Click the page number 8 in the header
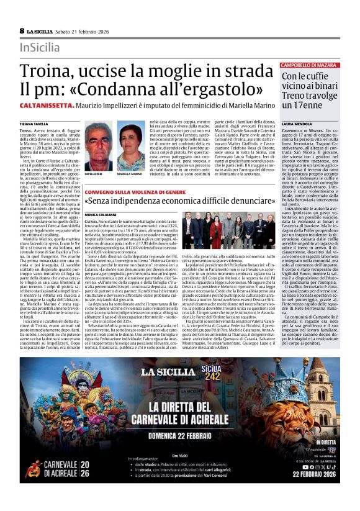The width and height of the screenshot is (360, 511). point(22,30)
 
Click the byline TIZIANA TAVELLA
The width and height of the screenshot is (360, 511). point(32,124)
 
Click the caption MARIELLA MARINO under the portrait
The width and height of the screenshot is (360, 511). point(130,175)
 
